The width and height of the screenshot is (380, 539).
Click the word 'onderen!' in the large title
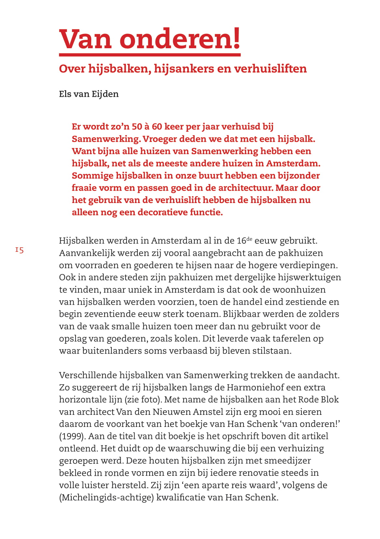(x=180, y=39)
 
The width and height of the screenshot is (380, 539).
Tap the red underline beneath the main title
(x=150, y=55)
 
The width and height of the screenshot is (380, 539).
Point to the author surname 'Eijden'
(x=105, y=94)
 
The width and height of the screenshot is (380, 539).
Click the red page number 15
(x=20, y=250)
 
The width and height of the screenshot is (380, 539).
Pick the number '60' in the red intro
(x=157, y=127)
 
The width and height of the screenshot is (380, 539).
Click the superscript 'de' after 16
(x=249, y=239)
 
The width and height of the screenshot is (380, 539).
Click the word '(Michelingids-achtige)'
(x=106, y=498)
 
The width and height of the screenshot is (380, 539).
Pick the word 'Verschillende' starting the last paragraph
(x=88, y=375)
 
